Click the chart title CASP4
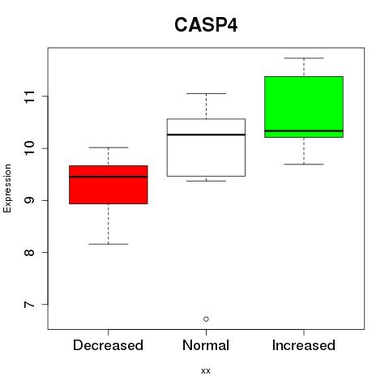click(206, 25)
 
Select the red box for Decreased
click(109, 185)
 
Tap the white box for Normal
click(206, 147)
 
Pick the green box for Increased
click(304, 107)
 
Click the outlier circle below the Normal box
click(206, 319)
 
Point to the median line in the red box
click(109, 177)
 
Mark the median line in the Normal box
click(206, 135)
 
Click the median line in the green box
click(304, 130)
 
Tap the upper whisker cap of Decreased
click(109, 147)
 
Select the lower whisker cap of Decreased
click(109, 244)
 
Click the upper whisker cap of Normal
click(206, 93)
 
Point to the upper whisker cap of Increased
click(304, 58)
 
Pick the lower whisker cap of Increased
click(304, 165)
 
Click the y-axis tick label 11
click(29, 96)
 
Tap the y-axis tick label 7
click(29, 305)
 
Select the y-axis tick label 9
click(29, 200)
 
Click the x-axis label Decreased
click(108, 345)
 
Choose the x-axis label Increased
click(304, 345)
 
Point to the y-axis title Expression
click(7, 188)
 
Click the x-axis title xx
click(206, 371)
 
